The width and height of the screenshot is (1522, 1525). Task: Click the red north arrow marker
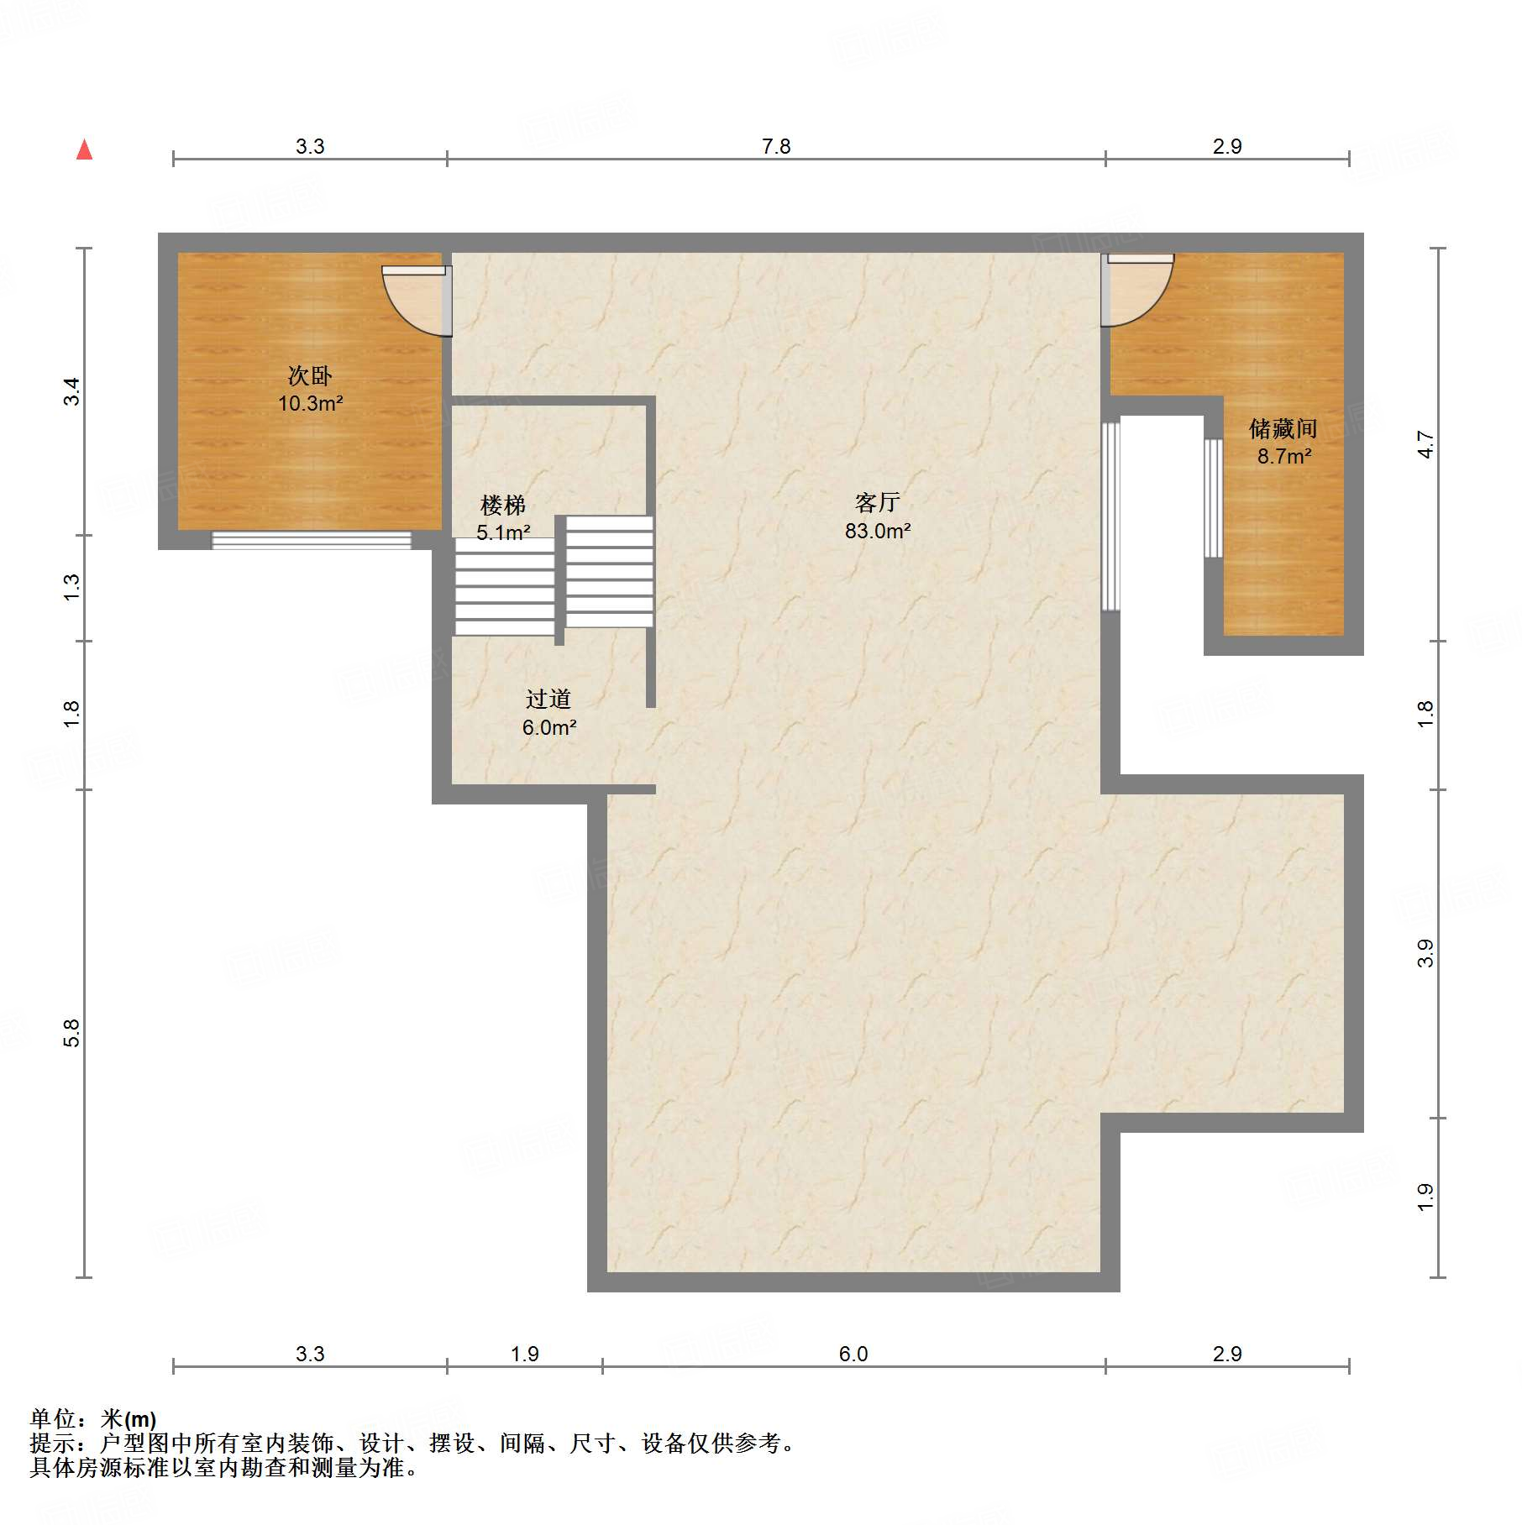pos(84,149)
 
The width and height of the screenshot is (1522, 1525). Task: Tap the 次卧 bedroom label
pos(310,375)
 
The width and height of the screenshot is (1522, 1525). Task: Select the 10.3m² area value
pos(310,404)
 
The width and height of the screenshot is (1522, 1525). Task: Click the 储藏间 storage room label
pos(1283,429)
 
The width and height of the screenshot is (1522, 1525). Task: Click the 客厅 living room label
pos(878,502)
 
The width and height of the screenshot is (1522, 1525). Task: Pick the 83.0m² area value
pos(878,531)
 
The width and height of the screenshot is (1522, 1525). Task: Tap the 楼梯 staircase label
pos(503,505)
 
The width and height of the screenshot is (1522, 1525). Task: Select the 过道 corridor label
pos(548,699)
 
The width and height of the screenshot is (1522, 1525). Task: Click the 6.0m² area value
pos(549,727)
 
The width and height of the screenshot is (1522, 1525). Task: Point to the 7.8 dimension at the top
pos(776,147)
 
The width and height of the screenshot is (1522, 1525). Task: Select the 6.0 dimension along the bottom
pos(853,1354)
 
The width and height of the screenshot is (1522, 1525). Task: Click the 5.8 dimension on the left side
pos(71,1033)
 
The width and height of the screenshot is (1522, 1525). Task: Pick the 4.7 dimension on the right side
pos(1425,444)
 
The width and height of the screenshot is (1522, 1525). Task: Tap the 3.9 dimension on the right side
pos(1425,953)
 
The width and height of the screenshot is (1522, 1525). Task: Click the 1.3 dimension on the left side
pos(71,587)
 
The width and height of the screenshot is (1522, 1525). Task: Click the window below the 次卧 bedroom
pos(311,541)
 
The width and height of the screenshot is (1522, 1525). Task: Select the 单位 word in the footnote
pos(53,1418)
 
